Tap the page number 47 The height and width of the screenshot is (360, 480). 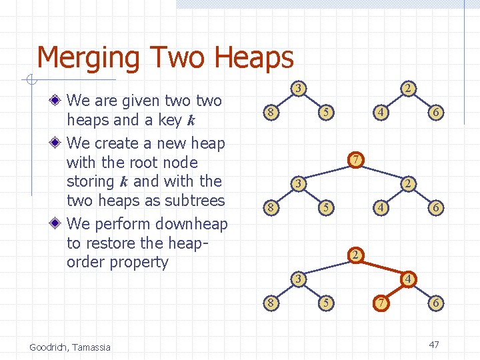(434, 345)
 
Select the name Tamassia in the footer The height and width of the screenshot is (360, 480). (92, 347)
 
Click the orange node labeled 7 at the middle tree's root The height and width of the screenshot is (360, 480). (357, 160)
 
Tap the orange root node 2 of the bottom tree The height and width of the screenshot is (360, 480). (357, 255)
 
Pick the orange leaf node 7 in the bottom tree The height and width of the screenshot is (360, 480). (380, 303)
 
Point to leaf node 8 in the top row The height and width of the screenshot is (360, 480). (269, 113)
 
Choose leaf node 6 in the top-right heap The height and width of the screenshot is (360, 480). (435, 113)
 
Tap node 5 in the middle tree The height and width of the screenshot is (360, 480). (325, 208)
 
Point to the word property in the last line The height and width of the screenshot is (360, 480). (141, 262)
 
